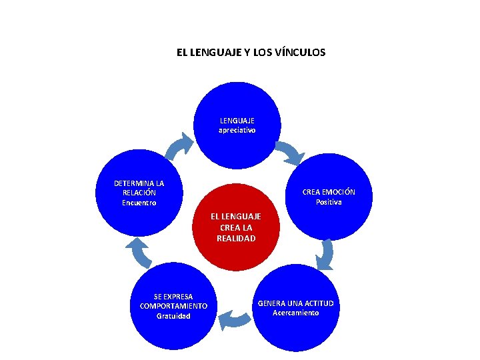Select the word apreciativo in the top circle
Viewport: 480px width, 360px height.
coord(237,130)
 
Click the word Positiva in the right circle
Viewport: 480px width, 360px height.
coord(329,202)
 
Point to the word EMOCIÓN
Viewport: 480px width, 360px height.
coord(339,192)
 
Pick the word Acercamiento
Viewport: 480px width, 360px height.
coord(296,313)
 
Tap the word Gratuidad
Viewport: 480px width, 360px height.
coord(173,316)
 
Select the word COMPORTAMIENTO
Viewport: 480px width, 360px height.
coord(173,306)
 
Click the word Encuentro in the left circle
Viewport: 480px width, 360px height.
coord(139,203)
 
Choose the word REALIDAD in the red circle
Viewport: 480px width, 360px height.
coord(236,238)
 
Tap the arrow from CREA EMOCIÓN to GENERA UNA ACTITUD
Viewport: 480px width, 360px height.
coord(325,255)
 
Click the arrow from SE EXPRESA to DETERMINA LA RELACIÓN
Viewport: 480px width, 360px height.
coord(139,253)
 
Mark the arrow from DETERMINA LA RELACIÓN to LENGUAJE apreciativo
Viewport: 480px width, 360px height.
coord(179,147)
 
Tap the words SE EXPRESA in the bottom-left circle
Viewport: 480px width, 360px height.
coord(173,296)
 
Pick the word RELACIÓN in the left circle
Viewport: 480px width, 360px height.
coord(139,193)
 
